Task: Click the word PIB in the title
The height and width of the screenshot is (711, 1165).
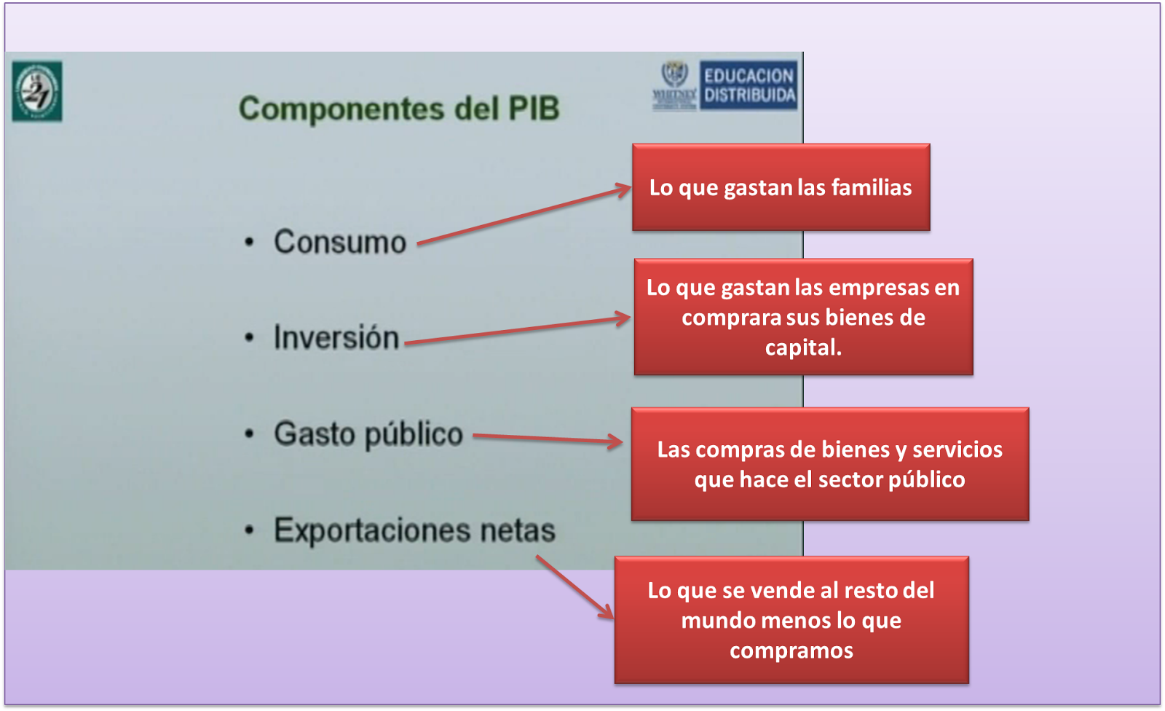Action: [x=534, y=109]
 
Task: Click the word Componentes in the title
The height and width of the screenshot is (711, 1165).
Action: [x=341, y=109]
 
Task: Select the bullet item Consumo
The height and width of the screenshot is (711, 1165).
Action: [x=339, y=242]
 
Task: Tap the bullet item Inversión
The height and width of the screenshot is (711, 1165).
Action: [x=336, y=338]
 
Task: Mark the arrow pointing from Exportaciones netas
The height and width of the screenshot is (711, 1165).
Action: [x=574, y=587]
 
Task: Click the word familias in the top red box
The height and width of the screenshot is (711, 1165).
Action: [x=872, y=187]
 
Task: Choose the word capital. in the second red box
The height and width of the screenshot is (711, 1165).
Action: [x=803, y=347]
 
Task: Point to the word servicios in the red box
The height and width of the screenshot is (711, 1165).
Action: [x=957, y=449]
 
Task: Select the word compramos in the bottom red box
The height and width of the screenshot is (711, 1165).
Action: [x=791, y=650]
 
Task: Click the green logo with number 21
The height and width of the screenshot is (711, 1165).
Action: [x=37, y=92]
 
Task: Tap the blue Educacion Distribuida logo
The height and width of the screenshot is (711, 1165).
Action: [x=749, y=85]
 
